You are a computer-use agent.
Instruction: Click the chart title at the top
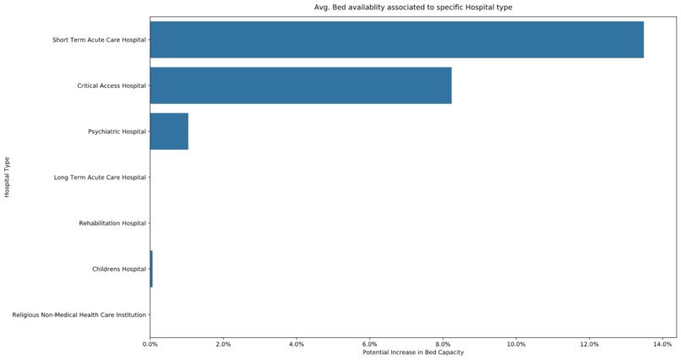coord(413,8)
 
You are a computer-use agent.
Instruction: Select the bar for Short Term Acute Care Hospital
coord(396,40)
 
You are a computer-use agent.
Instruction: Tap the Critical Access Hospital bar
coord(300,85)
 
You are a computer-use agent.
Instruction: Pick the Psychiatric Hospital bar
coord(169,131)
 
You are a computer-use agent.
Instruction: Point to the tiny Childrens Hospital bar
coord(151,269)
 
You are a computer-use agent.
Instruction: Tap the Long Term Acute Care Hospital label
coord(100,177)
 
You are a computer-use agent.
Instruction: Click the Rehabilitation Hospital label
coord(112,223)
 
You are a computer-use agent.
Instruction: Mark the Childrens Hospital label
coord(118,269)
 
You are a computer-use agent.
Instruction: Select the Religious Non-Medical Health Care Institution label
coord(79,315)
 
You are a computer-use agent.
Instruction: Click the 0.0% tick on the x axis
coord(150,344)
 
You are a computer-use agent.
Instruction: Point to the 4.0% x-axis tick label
coord(297,344)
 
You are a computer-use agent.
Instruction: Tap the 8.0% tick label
coord(443,344)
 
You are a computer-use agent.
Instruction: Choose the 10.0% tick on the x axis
coord(516,344)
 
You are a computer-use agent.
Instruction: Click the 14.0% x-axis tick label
coord(662,344)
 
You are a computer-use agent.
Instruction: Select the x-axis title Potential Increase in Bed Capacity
coord(413,352)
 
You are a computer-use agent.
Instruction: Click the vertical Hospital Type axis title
coord(7,177)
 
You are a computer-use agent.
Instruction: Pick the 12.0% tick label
coord(589,344)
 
